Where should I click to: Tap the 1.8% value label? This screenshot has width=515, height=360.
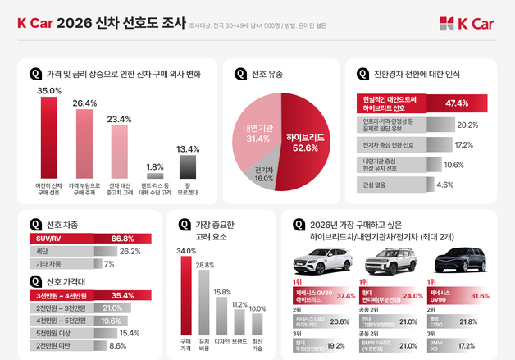tap(153, 166)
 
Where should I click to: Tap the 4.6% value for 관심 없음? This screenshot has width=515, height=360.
tap(444, 185)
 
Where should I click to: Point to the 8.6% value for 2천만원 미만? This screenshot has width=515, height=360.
tap(118, 346)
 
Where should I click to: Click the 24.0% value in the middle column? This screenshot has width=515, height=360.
tap(412, 295)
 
